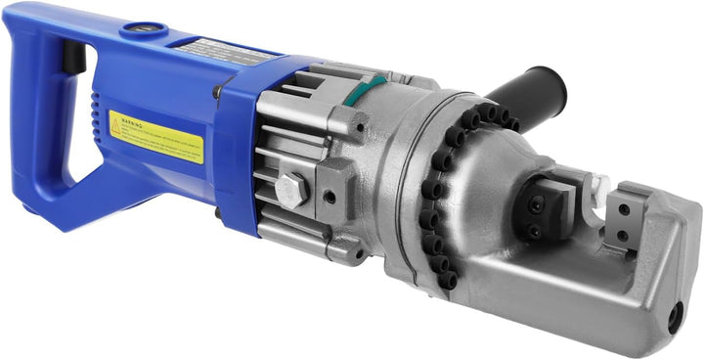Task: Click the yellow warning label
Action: click(156, 136)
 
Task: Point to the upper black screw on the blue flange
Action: click(217, 92)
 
